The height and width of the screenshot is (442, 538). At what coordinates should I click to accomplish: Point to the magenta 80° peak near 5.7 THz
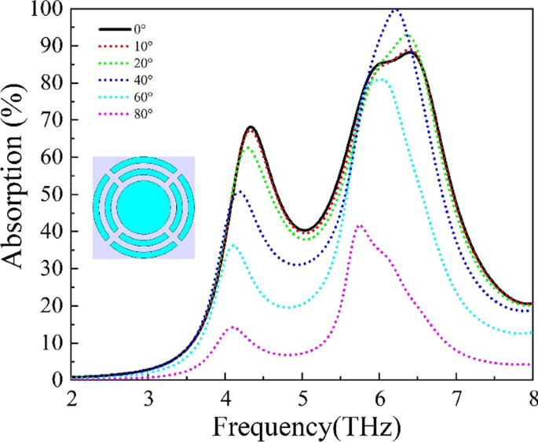[x=360, y=225]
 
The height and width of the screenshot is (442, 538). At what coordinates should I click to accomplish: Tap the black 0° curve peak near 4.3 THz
[x=251, y=127]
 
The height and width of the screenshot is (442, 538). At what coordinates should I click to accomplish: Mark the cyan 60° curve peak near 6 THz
[x=380, y=79]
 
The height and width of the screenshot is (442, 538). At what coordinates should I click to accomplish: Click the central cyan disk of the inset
[x=143, y=207]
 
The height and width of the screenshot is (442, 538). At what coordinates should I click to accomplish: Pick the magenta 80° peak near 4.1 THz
[x=232, y=327]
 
